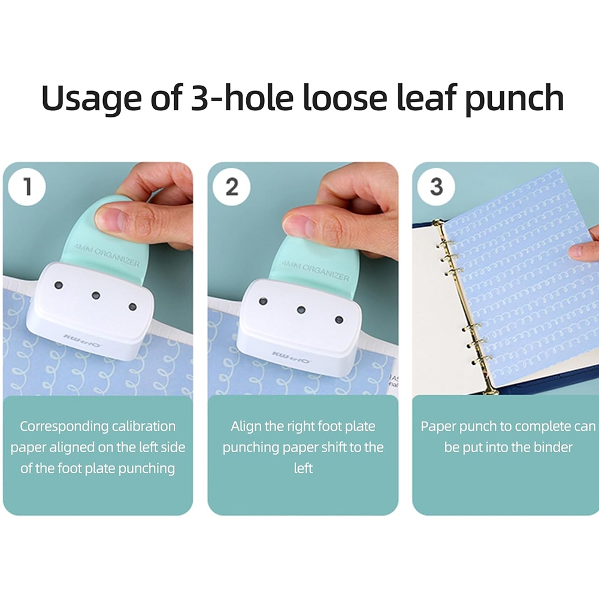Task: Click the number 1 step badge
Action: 27,187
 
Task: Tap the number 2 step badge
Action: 231,187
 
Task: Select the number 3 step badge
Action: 436,187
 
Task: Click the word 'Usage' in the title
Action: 92,98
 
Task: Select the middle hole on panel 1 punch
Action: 95,295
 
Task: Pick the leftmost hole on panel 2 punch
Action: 263,301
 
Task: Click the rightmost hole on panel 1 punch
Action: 132,306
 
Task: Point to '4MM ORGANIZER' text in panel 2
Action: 316,270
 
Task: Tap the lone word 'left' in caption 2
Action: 303,468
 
